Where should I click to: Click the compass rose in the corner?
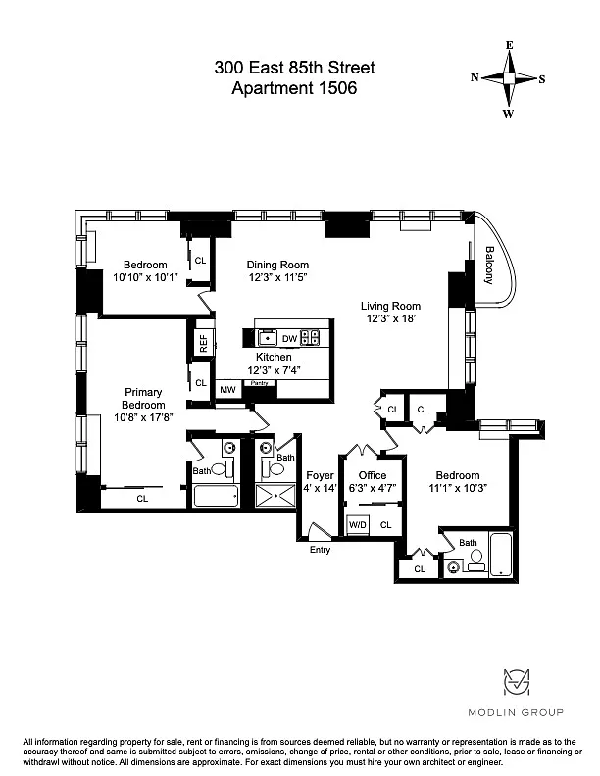509,78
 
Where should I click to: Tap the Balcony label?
489,266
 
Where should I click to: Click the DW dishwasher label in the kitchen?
289,338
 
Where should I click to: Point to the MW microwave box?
227,390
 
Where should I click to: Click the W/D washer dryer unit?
358,524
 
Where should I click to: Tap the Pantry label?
260,383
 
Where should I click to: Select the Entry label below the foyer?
320,550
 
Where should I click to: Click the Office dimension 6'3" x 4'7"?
373,488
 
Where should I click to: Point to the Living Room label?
390,306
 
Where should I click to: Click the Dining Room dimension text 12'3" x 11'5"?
277,277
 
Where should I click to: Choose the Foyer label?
320,475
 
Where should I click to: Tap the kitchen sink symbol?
268,338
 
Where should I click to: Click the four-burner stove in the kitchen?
310,337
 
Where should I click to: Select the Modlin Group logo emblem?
517,682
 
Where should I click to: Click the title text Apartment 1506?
294,88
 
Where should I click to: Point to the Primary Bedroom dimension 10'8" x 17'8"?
143,417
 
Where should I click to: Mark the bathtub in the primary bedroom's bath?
216,496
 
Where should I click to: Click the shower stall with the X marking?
275,496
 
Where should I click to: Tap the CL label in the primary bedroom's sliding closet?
142,499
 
